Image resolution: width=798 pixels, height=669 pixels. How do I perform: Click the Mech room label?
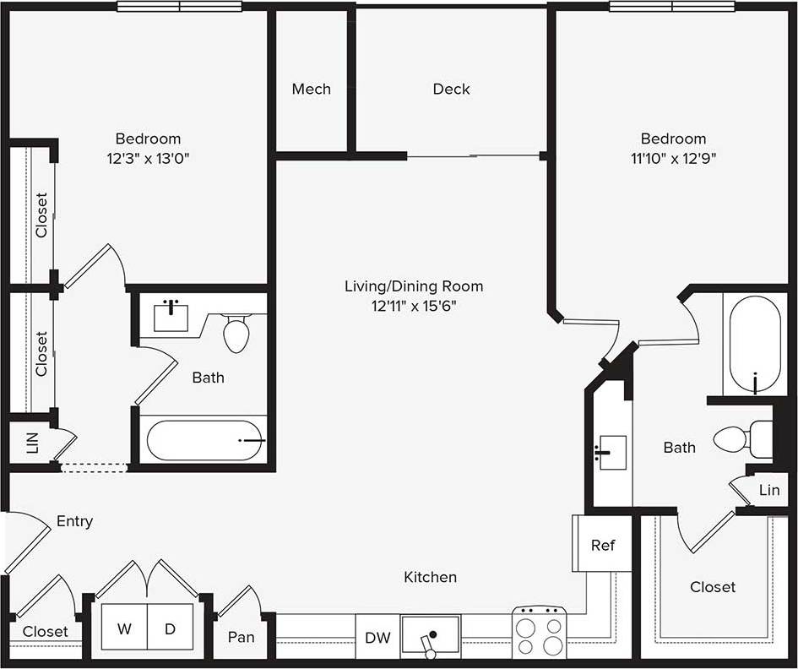311,89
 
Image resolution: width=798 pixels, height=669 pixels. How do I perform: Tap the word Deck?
451,89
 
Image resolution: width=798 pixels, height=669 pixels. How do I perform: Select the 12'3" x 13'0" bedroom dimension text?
148,158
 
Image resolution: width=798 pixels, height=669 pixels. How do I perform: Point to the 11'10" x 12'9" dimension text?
673,158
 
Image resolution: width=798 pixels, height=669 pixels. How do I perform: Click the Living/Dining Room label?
414,286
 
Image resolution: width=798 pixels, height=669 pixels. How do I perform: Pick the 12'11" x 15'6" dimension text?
414,305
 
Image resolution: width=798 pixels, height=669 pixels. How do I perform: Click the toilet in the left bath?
237,332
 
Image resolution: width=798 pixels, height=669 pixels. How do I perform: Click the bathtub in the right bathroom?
755,343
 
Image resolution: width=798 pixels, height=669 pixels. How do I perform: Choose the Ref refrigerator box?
602,545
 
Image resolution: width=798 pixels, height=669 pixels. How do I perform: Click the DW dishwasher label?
377,638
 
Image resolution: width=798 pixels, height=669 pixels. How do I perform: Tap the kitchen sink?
431,636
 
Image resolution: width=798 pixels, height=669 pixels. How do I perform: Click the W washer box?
125,629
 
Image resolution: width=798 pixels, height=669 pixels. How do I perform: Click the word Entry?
74,522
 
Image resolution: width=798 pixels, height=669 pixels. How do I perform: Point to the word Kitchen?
430,577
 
